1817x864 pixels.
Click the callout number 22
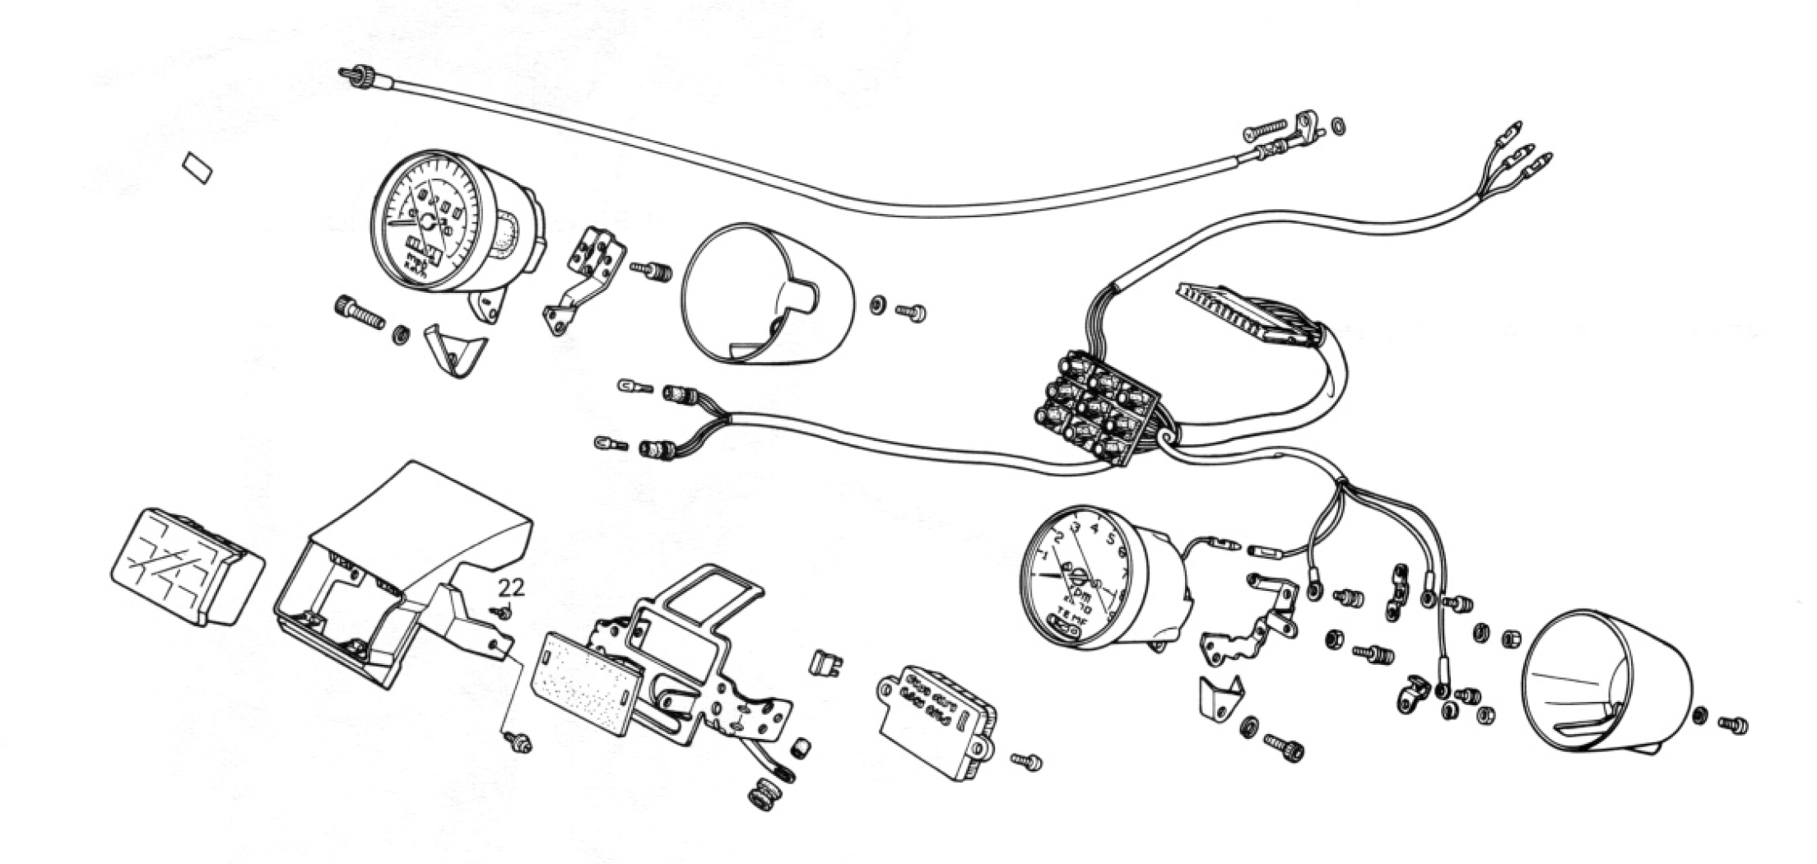[511, 588]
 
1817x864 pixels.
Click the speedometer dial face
[425, 224]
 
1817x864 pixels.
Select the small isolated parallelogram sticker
[197, 168]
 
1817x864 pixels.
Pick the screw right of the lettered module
[1027, 761]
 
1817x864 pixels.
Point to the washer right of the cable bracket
[1339, 126]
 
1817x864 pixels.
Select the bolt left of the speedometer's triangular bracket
[359, 313]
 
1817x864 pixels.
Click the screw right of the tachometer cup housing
[1732, 725]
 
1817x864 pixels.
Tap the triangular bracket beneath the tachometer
[1220, 696]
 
